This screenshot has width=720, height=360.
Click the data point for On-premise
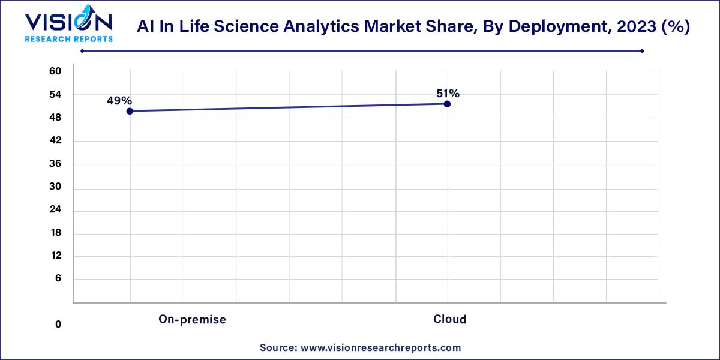tap(130, 111)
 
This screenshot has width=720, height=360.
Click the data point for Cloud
tap(447, 104)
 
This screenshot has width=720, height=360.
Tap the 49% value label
tap(119, 101)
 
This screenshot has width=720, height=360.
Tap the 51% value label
tap(448, 94)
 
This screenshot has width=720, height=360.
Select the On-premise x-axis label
tap(192, 320)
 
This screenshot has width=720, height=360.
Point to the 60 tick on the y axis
tap(55, 71)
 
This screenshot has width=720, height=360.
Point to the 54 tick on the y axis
tap(55, 95)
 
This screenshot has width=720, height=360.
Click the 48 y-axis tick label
tap(55, 118)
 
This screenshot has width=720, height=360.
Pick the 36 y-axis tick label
tap(55, 164)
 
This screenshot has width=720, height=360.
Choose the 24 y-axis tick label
tap(55, 210)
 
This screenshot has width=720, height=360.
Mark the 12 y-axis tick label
tap(55, 256)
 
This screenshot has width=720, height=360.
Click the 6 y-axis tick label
tap(58, 278)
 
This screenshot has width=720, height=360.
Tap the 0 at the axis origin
tap(58, 325)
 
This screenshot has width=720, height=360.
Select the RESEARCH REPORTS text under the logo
tap(68, 39)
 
